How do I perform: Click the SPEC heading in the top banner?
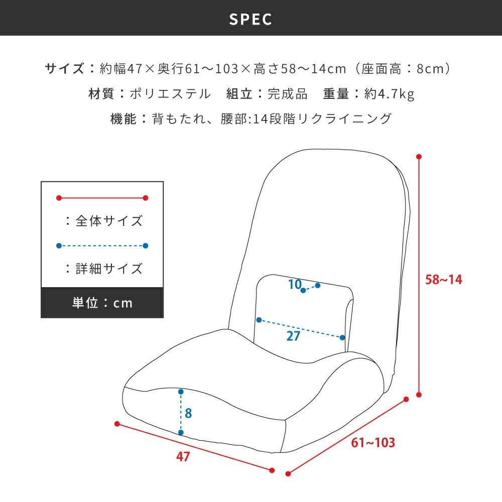(x=250, y=19)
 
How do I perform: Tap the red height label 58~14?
(x=443, y=280)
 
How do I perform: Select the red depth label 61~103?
(x=373, y=442)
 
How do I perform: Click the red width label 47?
(x=183, y=456)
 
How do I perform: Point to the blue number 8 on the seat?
(x=188, y=413)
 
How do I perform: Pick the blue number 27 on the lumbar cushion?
(x=293, y=336)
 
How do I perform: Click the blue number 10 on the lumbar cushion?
(x=295, y=284)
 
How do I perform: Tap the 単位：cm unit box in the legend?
(x=102, y=303)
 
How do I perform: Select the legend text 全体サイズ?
(x=109, y=221)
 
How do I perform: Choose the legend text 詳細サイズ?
(x=109, y=269)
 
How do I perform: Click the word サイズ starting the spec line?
(x=64, y=68)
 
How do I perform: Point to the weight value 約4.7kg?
(x=390, y=94)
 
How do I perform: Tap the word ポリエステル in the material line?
(x=170, y=94)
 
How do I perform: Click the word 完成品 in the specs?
(x=288, y=94)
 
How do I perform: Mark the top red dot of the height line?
(x=419, y=157)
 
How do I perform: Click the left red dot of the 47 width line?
(x=117, y=424)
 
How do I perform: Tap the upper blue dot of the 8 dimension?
(x=181, y=392)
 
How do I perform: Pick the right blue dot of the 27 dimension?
(x=342, y=337)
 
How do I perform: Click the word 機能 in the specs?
(x=123, y=119)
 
